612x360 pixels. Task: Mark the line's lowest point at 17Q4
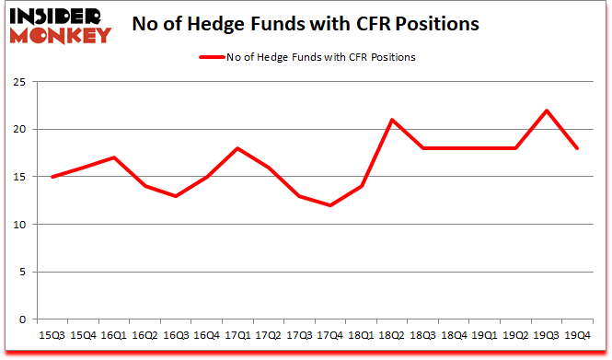coord(330,205)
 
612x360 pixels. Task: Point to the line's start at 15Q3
coord(52,177)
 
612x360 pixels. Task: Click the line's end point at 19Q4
coord(578,148)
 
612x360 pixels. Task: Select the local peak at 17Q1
coord(237,148)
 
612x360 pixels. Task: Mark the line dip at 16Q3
coord(176,196)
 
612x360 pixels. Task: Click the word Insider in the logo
coord(57,15)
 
